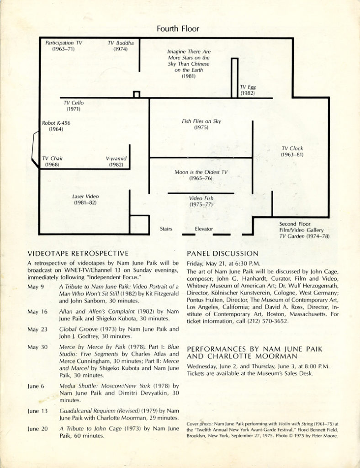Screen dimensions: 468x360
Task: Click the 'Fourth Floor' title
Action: click(178, 29)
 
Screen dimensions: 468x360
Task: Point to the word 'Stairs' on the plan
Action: click(166, 229)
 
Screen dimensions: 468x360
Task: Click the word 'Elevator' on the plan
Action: click(204, 229)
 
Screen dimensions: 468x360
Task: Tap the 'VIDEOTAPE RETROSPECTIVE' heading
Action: click(78, 253)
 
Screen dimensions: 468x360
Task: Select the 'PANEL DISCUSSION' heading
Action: click(223, 253)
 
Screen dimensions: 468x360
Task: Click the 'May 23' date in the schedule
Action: click(37, 329)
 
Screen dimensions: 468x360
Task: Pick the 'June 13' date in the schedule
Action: click(37, 411)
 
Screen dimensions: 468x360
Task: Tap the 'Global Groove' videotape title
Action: click(78, 329)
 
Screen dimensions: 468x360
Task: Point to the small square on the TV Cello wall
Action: click(136, 95)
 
